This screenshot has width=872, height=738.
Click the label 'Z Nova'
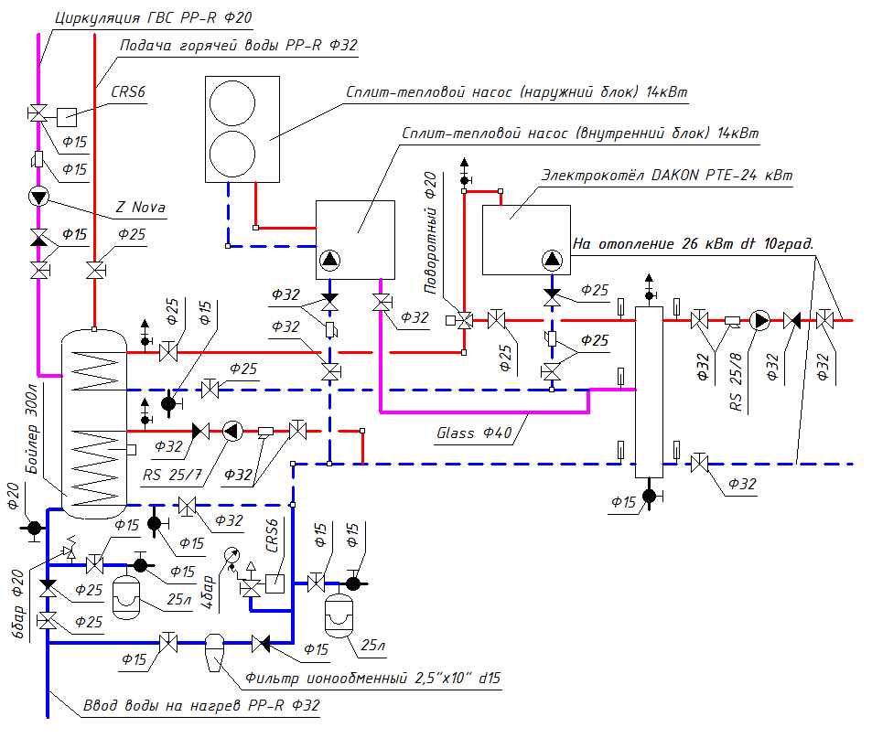(x=140, y=208)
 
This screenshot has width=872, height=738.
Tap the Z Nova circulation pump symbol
(x=39, y=196)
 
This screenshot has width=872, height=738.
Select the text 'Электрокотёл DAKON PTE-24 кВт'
(x=666, y=175)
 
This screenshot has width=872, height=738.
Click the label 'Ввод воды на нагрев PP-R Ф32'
(x=201, y=706)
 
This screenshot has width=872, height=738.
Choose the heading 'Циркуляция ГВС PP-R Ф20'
(x=152, y=17)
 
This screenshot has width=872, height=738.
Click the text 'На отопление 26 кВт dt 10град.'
(x=693, y=244)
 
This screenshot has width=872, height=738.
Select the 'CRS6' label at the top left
(x=129, y=91)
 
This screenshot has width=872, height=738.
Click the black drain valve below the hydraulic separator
(x=649, y=496)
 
